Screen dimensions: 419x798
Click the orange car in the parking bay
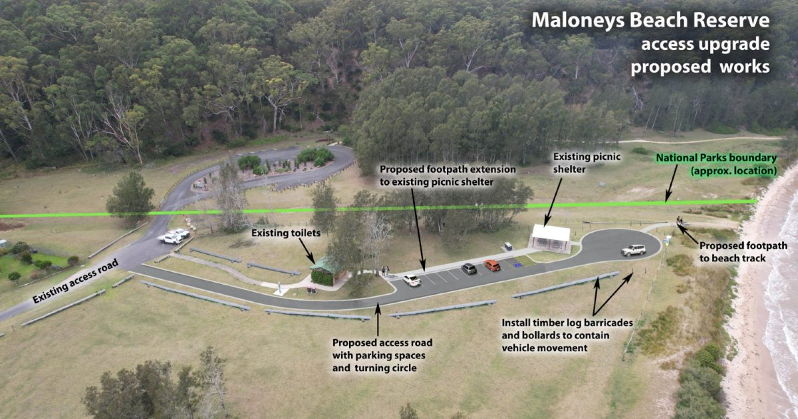point(492,265)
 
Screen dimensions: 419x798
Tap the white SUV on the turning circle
point(633,250)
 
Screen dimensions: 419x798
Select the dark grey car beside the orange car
point(469,269)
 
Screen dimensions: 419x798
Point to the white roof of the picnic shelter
point(551,233)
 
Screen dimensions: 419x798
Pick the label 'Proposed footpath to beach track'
point(742,251)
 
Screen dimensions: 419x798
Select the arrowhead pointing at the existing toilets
point(313,261)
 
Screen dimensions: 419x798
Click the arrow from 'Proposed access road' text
point(378,319)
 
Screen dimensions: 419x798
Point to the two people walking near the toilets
point(385,270)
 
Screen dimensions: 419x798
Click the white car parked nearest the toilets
point(412,280)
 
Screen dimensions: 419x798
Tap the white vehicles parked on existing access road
point(174,235)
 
